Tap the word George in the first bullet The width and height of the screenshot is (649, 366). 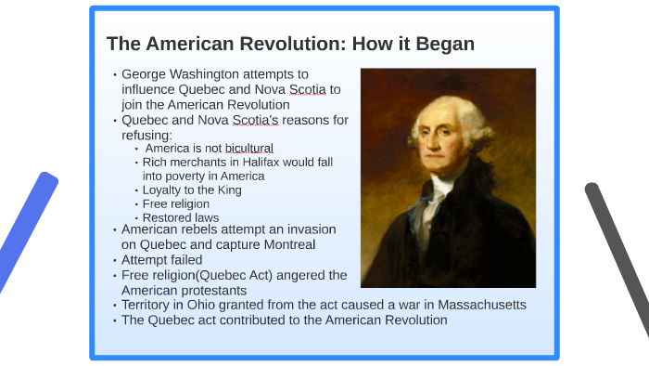click(146, 73)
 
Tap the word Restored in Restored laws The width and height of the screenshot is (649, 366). click(166, 217)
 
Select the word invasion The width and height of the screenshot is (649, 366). click(310, 229)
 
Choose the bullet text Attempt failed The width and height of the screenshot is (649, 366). click(161, 260)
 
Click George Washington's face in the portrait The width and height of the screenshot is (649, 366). click(444, 136)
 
